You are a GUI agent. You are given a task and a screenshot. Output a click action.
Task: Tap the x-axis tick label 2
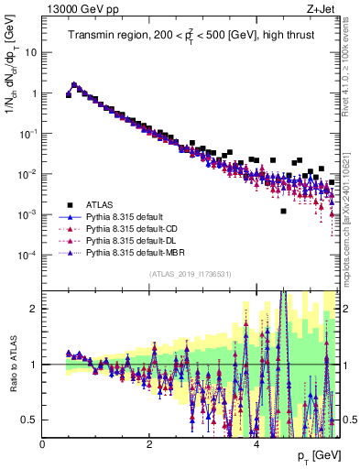pos(149,444)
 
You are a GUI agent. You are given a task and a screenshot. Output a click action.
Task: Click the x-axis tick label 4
pos(256,444)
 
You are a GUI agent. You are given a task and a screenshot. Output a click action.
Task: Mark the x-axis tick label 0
pos(42,444)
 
